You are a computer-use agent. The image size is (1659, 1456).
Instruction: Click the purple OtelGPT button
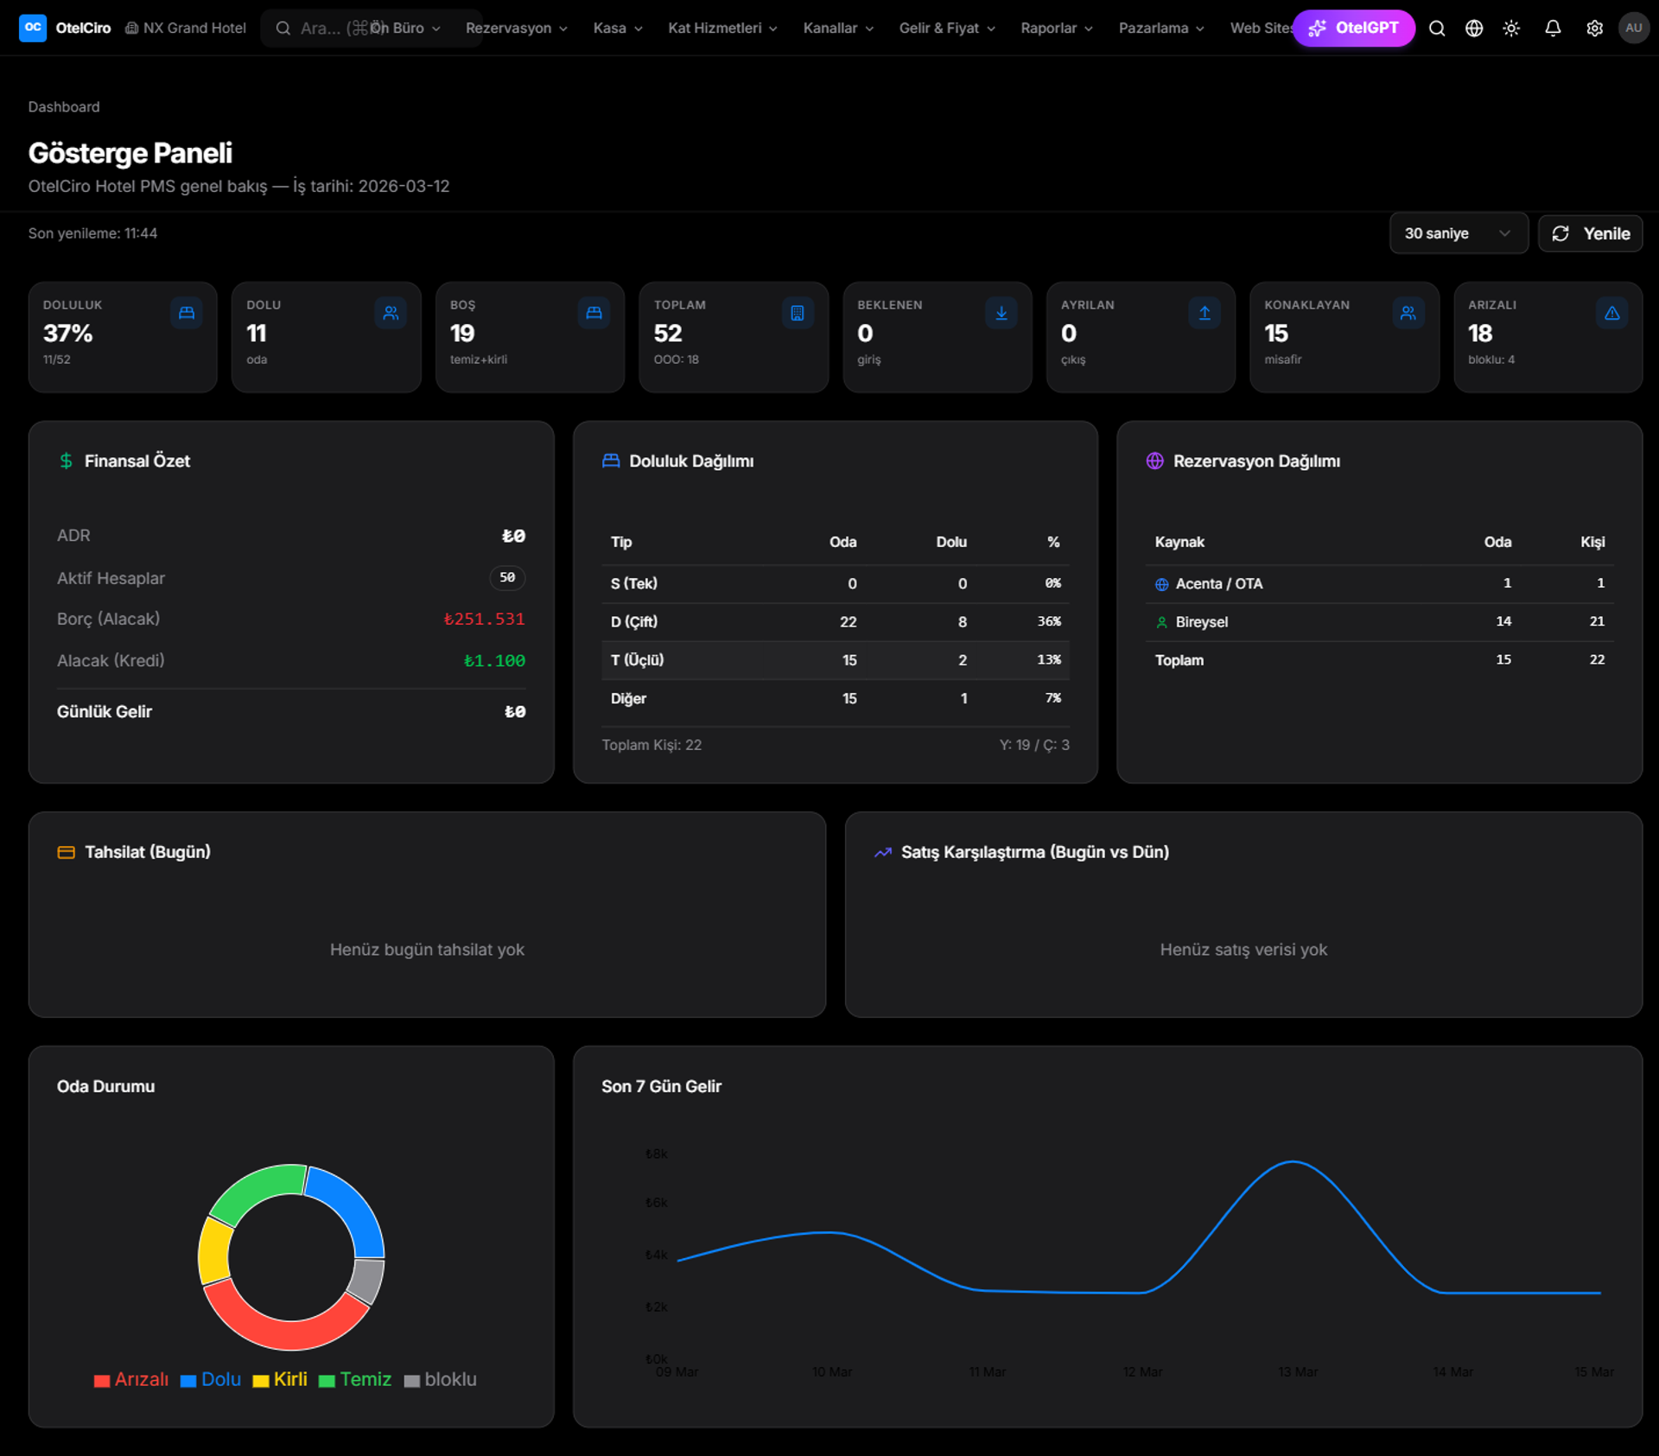[x=1353, y=29]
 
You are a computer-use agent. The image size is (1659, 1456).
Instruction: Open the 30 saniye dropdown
[x=1458, y=233]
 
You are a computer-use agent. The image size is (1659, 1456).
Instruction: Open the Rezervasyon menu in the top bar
[x=516, y=29]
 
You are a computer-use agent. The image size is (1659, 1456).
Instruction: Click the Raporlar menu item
[x=1056, y=29]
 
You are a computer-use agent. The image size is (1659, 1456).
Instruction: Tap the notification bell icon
[x=1552, y=29]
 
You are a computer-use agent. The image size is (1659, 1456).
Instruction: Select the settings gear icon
[x=1594, y=29]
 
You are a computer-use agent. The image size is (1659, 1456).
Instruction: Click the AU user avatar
[x=1633, y=29]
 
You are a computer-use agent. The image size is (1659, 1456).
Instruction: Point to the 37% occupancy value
[x=67, y=334]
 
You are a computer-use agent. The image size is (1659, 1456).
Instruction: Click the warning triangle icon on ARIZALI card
[x=1611, y=314]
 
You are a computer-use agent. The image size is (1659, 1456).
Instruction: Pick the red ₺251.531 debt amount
[x=484, y=620]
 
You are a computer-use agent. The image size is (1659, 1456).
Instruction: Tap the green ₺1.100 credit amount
[x=494, y=661]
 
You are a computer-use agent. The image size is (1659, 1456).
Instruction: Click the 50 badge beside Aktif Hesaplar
[x=507, y=577]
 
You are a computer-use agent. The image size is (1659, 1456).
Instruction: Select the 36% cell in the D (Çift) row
[x=1049, y=622]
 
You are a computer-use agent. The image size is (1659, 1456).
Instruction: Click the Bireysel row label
[x=1201, y=622]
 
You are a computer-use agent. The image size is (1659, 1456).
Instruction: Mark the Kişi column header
[x=1592, y=542]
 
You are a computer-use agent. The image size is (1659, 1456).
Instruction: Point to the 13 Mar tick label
[x=1298, y=1372]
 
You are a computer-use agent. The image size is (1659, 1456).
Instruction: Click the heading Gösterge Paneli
[x=130, y=153]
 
